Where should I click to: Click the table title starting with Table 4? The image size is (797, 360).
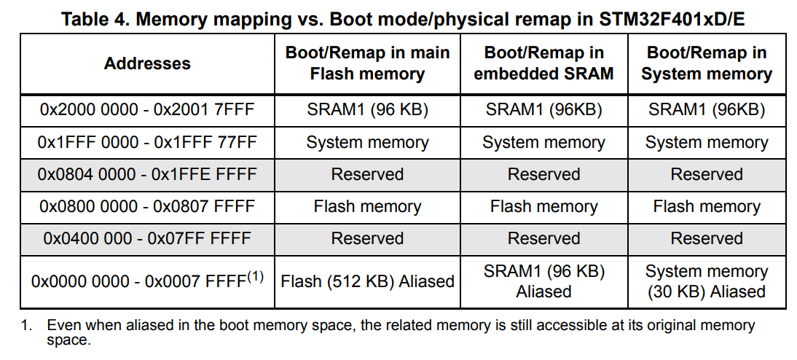(402, 19)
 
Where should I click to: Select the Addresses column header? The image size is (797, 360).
(147, 63)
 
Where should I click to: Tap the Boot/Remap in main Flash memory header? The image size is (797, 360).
(367, 63)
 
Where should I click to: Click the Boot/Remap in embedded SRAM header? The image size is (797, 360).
(543, 63)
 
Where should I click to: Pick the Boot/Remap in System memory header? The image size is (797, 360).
(707, 63)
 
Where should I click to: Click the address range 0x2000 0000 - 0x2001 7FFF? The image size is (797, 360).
(147, 110)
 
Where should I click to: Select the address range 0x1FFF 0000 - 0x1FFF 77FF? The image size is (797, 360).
(147, 142)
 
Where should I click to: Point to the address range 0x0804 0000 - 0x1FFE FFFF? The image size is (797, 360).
(147, 174)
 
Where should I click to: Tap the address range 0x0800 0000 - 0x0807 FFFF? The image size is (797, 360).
(147, 206)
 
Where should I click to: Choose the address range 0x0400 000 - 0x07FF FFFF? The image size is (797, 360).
(147, 238)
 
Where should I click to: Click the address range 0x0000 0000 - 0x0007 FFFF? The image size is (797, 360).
(138, 281)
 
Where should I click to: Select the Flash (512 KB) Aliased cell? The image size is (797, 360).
(367, 281)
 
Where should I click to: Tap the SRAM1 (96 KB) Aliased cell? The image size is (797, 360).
(543, 281)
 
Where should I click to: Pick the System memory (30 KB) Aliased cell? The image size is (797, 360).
(707, 281)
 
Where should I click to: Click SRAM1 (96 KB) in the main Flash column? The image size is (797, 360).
(367, 110)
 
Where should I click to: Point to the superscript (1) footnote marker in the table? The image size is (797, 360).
(255, 276)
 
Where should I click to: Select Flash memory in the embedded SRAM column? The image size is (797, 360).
(543, 206)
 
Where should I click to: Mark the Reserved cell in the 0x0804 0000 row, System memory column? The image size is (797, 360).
(707, 174)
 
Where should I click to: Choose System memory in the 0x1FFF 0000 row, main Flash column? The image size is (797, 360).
(367, 142)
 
